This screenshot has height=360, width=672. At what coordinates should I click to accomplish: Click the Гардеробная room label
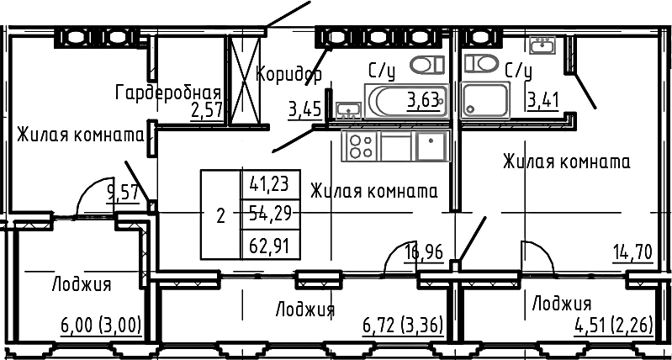168,93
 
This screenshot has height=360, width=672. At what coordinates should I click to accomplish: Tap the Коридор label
288,75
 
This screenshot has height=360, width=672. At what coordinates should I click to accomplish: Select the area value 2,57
208,111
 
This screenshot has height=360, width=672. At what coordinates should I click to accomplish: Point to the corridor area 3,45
304,110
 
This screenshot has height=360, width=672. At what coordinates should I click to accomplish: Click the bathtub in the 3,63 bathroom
407,101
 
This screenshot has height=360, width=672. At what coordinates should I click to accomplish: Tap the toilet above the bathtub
427,65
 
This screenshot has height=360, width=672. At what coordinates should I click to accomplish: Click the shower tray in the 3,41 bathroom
485,101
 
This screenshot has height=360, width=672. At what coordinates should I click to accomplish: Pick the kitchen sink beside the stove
431,146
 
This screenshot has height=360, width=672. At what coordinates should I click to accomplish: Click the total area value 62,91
271,246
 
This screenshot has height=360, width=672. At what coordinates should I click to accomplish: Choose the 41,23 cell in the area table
271,185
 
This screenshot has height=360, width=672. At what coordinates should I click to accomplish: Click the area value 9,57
124,193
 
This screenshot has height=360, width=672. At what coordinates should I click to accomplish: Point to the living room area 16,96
424,252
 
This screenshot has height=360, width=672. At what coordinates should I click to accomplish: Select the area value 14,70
632,252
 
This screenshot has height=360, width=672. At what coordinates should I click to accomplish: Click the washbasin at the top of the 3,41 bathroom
542,45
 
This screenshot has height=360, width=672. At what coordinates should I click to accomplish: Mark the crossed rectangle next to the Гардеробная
245,81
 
